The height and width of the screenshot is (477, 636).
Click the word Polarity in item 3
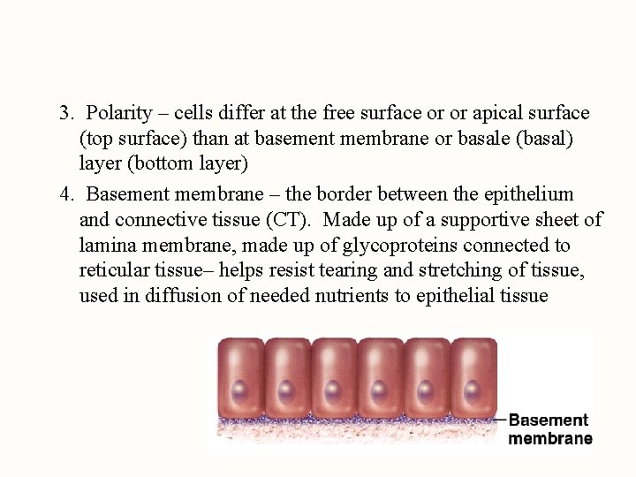[120, 114]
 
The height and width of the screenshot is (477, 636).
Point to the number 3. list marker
[66, 114]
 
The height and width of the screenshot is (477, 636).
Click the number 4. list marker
[66, 193]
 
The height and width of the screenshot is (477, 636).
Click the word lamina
[105, 245]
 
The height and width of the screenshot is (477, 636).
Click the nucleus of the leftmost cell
[240, 388]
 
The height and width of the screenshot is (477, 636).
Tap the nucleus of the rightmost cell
[473, 388]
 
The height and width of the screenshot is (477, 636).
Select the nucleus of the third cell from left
[333, 388]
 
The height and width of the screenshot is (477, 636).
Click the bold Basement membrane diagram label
[549, 429]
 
